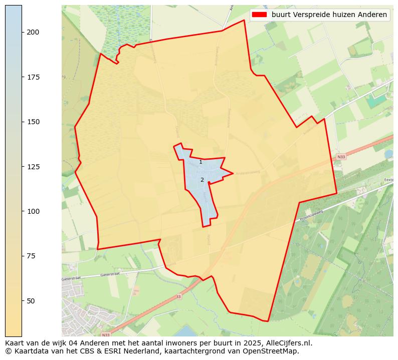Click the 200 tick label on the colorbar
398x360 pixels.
tap(33, 32)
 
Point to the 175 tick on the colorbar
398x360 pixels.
tap(33, 77)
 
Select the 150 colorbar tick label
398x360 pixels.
tap(33, 122)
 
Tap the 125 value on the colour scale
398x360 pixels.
tap(33, 166)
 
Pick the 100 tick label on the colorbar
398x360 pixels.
tap(33, 211)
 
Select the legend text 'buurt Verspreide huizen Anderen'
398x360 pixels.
tap(329, 15)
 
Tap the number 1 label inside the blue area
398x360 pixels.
tap(201, 162)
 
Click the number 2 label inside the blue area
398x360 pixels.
tap(202, 180)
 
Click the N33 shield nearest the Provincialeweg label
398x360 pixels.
tap(341, 157)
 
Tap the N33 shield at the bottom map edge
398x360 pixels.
tap(105, 334)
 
